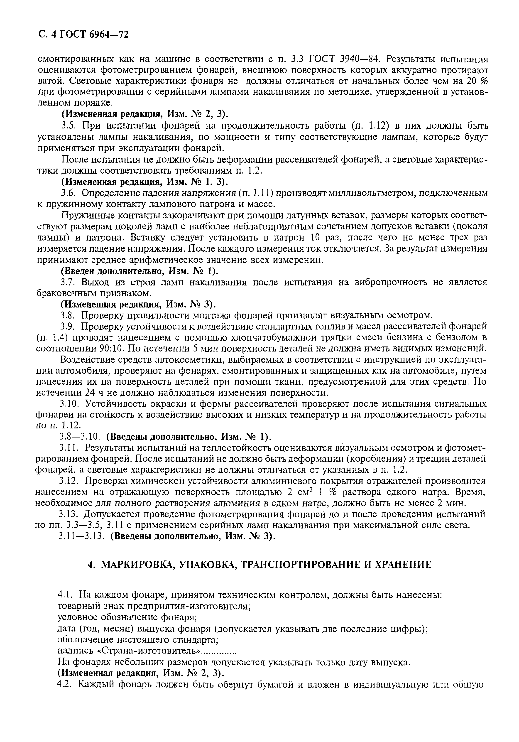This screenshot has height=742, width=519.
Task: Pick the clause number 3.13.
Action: click(x=72, y=514)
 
